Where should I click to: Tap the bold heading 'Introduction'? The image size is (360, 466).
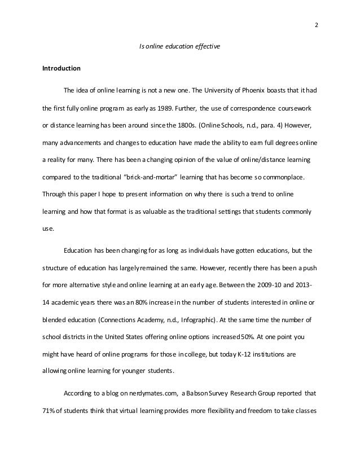pos(62,69)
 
